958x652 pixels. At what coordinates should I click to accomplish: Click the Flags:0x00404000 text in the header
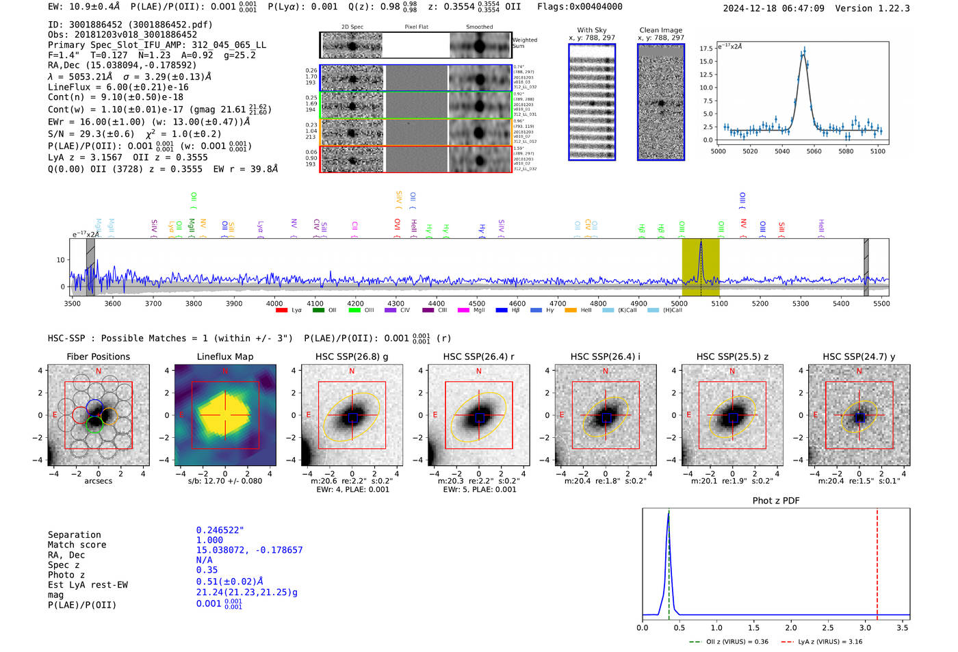pyautogui.click(x=580, y=7)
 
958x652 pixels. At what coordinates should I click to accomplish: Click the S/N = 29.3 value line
pyautogui.click(x=134, y=134)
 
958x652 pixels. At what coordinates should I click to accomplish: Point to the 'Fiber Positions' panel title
pyautogui.click(x=98, y=356)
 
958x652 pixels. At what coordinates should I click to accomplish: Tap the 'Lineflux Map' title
pyautogui.click(x=224, y=356)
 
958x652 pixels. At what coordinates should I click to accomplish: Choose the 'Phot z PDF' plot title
pyautogui.click(x=775, y=501)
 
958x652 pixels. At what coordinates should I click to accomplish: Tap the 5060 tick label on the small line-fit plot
pyautogui.click(x=814, y=151)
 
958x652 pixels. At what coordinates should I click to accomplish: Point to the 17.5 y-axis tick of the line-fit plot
pyautogui.click(x=705, y=49)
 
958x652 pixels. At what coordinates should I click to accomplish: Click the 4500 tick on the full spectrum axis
pyautogui.click(x=477, y=304)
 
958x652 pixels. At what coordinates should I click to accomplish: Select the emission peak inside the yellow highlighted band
pyautogui.click(x=701, y=244)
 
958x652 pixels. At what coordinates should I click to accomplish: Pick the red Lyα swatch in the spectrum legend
pyautogui.click(x=281, y=311)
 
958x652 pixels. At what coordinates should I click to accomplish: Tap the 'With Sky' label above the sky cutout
pyautogui.click(x=591, y=30)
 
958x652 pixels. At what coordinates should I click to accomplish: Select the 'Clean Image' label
pyautogui.click(x=660, y=30)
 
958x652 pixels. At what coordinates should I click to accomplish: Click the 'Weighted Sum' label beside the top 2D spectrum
pyautogui.click(x=524, y=42)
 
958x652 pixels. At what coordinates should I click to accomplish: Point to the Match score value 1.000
pyautogui.click(x=209, y=540)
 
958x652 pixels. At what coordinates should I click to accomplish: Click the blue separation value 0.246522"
pyautogui.click(x=220, y=530)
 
